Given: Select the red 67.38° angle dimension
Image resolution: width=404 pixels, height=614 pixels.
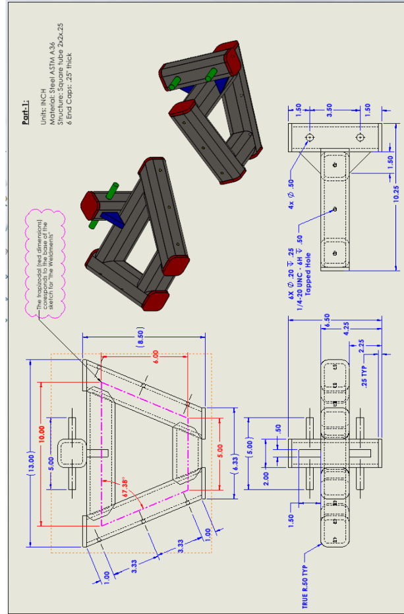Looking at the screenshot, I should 130,484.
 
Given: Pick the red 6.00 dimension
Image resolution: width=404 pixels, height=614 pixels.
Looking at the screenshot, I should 155,359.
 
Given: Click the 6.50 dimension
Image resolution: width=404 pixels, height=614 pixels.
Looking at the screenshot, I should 328,320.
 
